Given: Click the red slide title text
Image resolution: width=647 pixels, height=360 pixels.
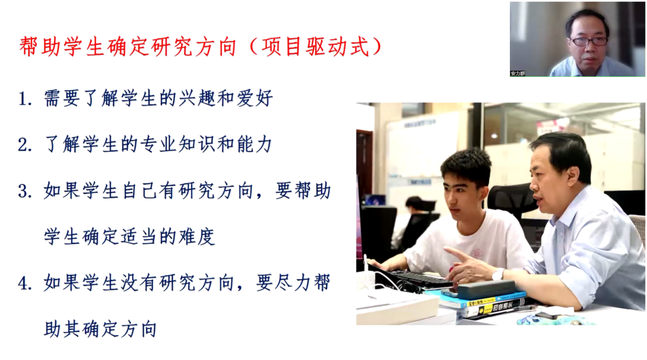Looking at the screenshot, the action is [200, 46].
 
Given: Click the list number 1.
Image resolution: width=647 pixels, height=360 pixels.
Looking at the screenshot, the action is [25, 99].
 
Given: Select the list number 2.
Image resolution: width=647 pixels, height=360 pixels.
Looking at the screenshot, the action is [25, 145].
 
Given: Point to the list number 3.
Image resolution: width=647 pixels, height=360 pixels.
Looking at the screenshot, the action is [25, 192].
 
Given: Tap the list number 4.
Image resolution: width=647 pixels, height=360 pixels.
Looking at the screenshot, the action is [25, 284].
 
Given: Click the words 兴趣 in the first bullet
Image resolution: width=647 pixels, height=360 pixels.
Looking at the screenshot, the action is [197, 98].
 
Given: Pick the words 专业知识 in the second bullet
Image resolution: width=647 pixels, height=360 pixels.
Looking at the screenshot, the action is [177, 144].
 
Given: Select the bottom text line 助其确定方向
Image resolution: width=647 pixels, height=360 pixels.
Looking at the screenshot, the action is [100, 329].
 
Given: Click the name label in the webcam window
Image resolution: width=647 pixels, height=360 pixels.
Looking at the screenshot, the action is [517, 73].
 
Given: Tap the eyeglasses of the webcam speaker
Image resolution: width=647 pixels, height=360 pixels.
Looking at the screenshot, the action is [589, 41].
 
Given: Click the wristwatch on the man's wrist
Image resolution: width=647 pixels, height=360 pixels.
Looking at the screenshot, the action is [498, 274].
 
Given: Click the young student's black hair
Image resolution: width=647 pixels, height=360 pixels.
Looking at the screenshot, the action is [465, 165].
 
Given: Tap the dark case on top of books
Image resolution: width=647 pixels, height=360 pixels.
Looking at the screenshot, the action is [486, 290].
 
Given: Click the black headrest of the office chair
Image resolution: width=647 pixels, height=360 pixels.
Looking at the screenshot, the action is [511, 199].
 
